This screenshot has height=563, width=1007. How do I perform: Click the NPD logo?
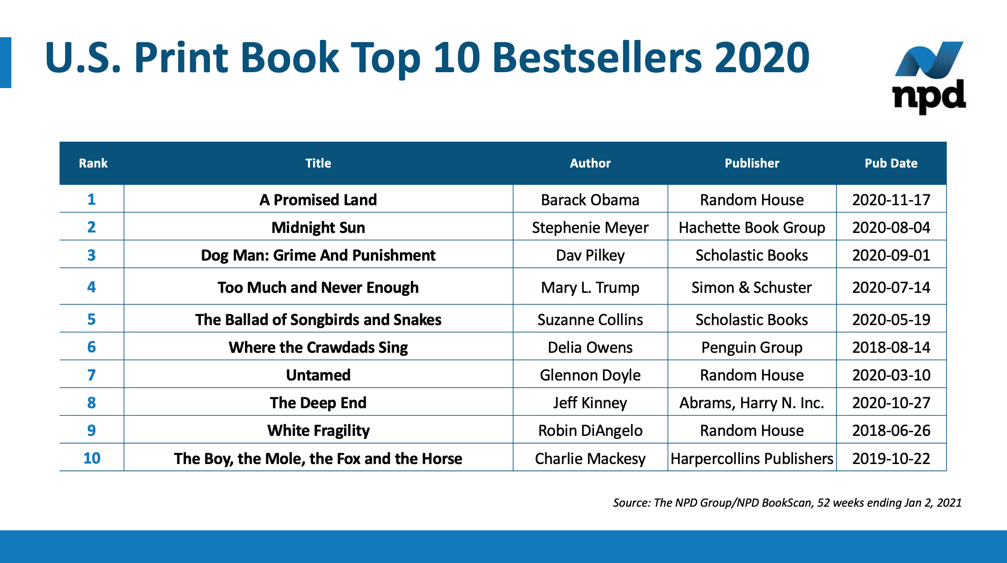929,77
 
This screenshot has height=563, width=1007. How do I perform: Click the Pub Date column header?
891,163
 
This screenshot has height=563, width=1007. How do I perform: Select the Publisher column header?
752,163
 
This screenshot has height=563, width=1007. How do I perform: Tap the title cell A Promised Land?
318,200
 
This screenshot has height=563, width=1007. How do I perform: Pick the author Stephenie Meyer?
590,227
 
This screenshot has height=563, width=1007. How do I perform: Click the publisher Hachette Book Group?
752,227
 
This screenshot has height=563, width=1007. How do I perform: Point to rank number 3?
91,255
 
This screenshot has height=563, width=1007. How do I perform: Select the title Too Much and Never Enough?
318,287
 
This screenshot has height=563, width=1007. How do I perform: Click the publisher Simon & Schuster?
752,287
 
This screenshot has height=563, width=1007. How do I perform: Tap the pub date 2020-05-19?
891,320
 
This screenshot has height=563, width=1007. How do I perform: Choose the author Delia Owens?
590,347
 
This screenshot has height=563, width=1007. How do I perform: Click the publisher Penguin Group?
752,347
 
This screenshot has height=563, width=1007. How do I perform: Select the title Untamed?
318,375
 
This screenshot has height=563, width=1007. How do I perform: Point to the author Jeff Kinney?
590,403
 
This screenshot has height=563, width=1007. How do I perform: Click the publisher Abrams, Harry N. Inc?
752,403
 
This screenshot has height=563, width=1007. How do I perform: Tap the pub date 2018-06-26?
891,430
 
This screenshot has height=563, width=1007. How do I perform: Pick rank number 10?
91,458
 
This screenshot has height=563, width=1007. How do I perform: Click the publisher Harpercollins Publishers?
752,459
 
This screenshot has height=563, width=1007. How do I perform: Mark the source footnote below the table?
787,503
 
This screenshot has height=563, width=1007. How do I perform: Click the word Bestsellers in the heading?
598,58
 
